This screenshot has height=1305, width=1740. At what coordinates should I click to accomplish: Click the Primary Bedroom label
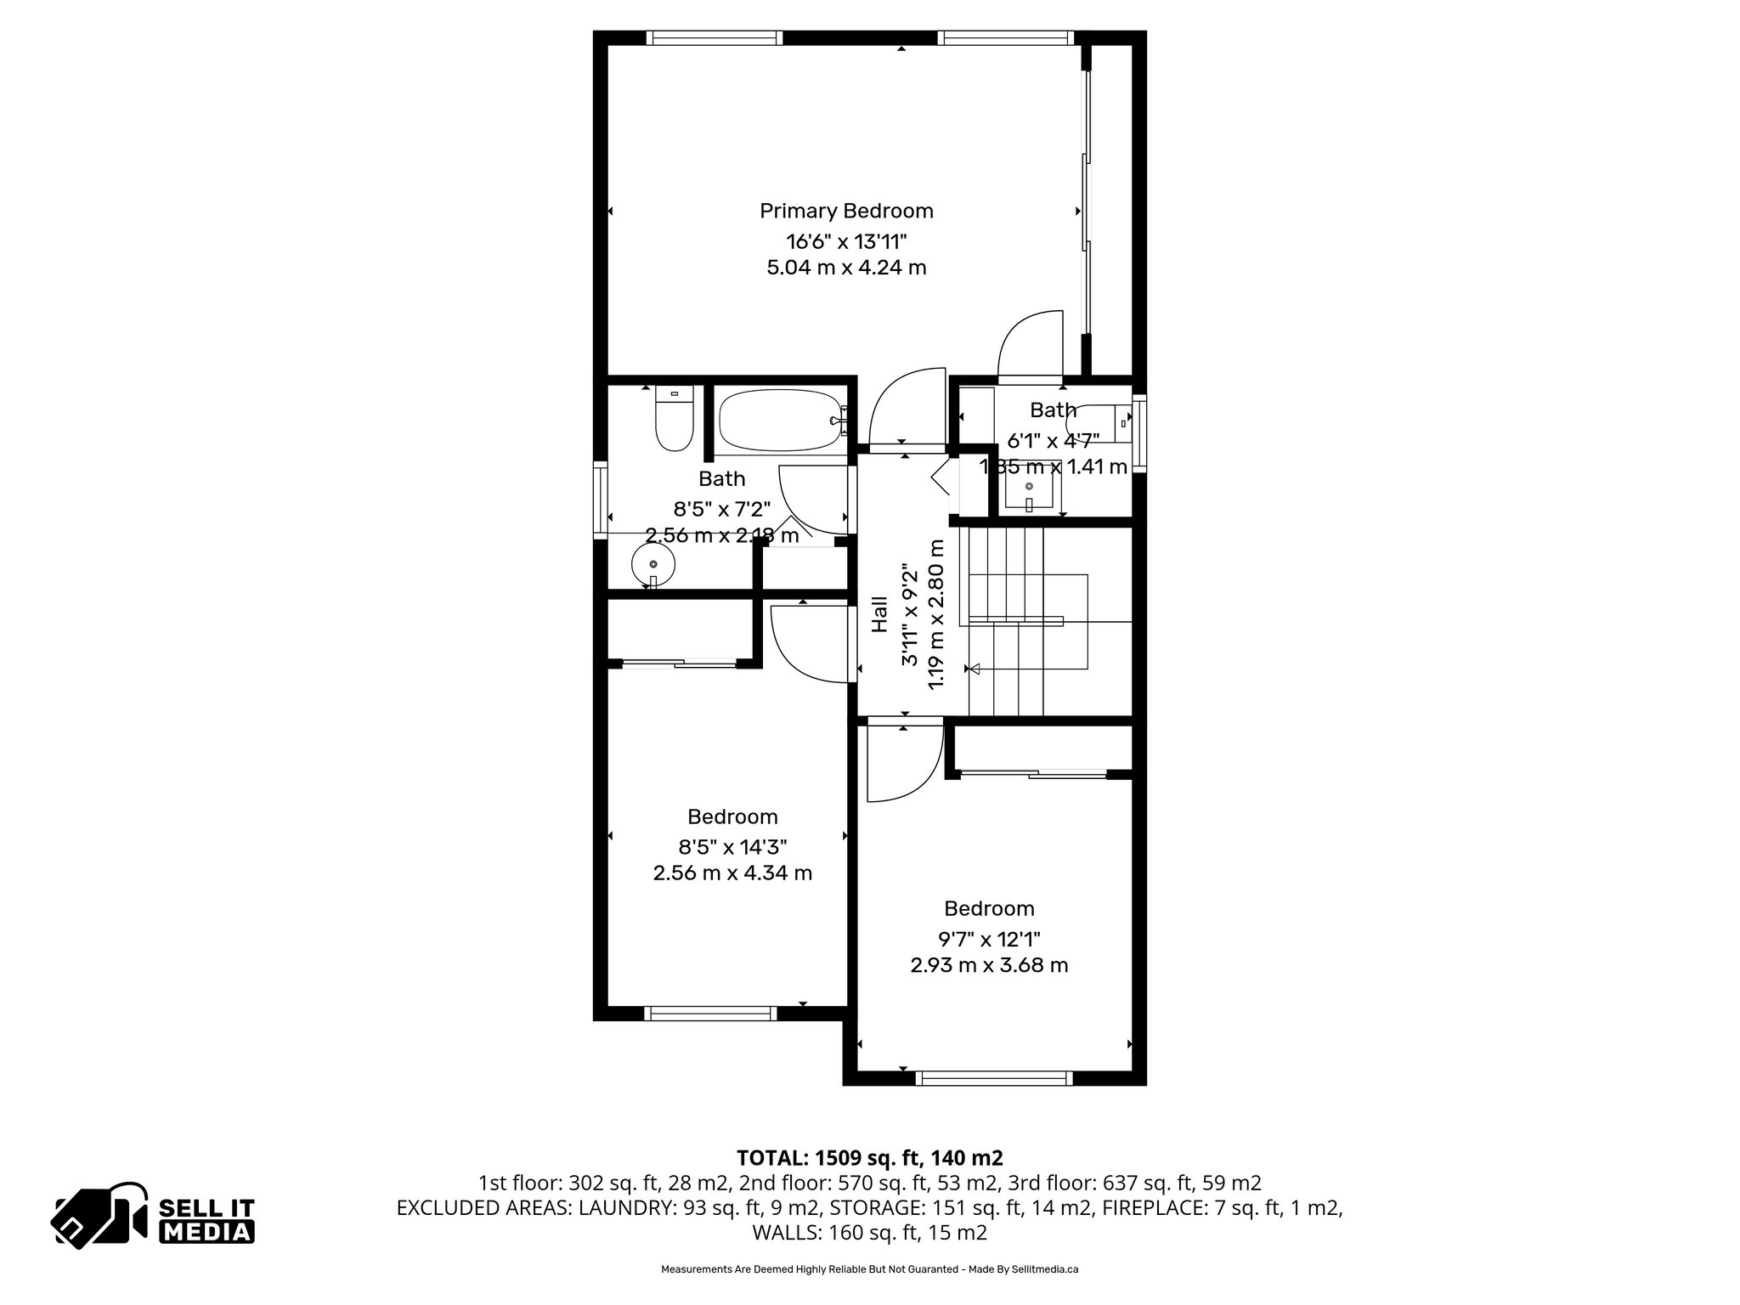tap(846, 211)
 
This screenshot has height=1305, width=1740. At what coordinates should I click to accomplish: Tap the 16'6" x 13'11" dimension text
tap(846, 240)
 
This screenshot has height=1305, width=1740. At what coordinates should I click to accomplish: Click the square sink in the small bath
tap(1029, 489)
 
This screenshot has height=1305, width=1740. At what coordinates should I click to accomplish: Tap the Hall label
tap(880, 613)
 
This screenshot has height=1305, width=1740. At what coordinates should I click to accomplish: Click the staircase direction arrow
tap(975, 669)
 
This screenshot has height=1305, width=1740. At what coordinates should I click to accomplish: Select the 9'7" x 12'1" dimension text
tap(989, 939)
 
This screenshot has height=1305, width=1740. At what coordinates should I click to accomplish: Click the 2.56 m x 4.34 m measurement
tap(732, 873)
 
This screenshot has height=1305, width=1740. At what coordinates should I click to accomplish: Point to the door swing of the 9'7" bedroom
tap(902, 763)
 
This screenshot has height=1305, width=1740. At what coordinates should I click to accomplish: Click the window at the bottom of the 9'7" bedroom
tap(994, 1078)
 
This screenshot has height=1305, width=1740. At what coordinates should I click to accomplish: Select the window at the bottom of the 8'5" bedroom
tap(710, 1013)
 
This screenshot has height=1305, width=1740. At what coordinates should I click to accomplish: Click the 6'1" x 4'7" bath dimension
tap(1054, 440)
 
